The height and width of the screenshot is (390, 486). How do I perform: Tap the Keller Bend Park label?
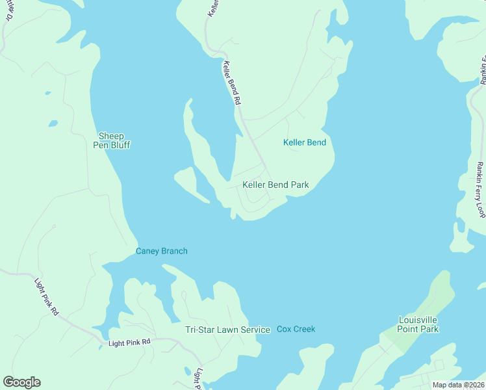coord(275,185)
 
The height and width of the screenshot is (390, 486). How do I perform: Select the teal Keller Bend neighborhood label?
coord(305,142)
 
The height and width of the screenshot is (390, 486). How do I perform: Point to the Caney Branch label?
coord(161,251)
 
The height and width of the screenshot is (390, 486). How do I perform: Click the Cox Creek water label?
coord(296,329)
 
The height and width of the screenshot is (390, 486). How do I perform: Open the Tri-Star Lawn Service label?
coord(227,330)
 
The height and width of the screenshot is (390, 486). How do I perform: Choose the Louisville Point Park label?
coord(418,324)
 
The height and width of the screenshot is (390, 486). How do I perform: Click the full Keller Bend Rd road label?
coord(232,83)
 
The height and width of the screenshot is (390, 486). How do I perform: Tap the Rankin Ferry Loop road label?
coord(480,189)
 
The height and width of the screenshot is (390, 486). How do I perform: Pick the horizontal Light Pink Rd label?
coord(129,342)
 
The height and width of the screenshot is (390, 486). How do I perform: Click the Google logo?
coord(21,382)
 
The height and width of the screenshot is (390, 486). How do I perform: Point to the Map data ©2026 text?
coord(458,385)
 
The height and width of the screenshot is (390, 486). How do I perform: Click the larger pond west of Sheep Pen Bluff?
coord(53,123)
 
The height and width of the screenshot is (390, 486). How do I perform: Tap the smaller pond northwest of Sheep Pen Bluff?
coord(47,93)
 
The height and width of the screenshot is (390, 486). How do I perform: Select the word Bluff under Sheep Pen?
coord(119,145)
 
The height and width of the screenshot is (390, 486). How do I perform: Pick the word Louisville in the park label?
coord(418,320)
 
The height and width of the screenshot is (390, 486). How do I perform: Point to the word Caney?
coord(147,251)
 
